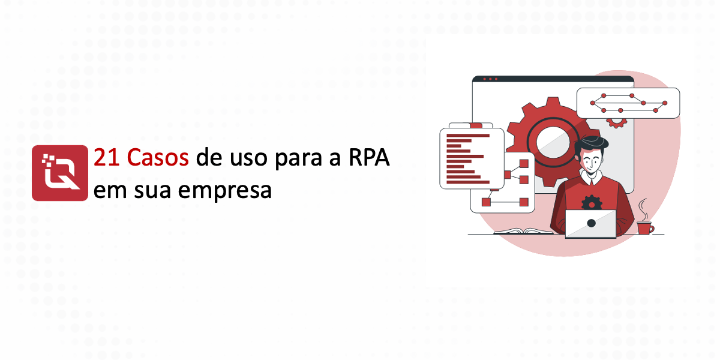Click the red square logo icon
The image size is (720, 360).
[60, 173]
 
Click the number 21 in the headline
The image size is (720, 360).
[107, 157]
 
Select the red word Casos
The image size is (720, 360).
[158, 157]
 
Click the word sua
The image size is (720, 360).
[152, 191]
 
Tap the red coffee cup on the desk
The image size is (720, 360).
[645, 228]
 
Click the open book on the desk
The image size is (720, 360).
[523, 231]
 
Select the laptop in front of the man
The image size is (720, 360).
[591, 224]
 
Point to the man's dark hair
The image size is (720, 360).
[591, 143]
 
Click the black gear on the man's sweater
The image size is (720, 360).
[592, 203]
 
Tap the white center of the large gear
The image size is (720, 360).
[553, 142]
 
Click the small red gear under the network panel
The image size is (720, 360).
[616, 122]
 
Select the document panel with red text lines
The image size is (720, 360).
[472, 158]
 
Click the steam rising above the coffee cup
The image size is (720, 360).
[643, 209]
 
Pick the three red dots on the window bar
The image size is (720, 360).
[490, 79]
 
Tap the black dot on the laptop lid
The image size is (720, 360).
[591, 223]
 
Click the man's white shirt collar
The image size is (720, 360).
[591, 177]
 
